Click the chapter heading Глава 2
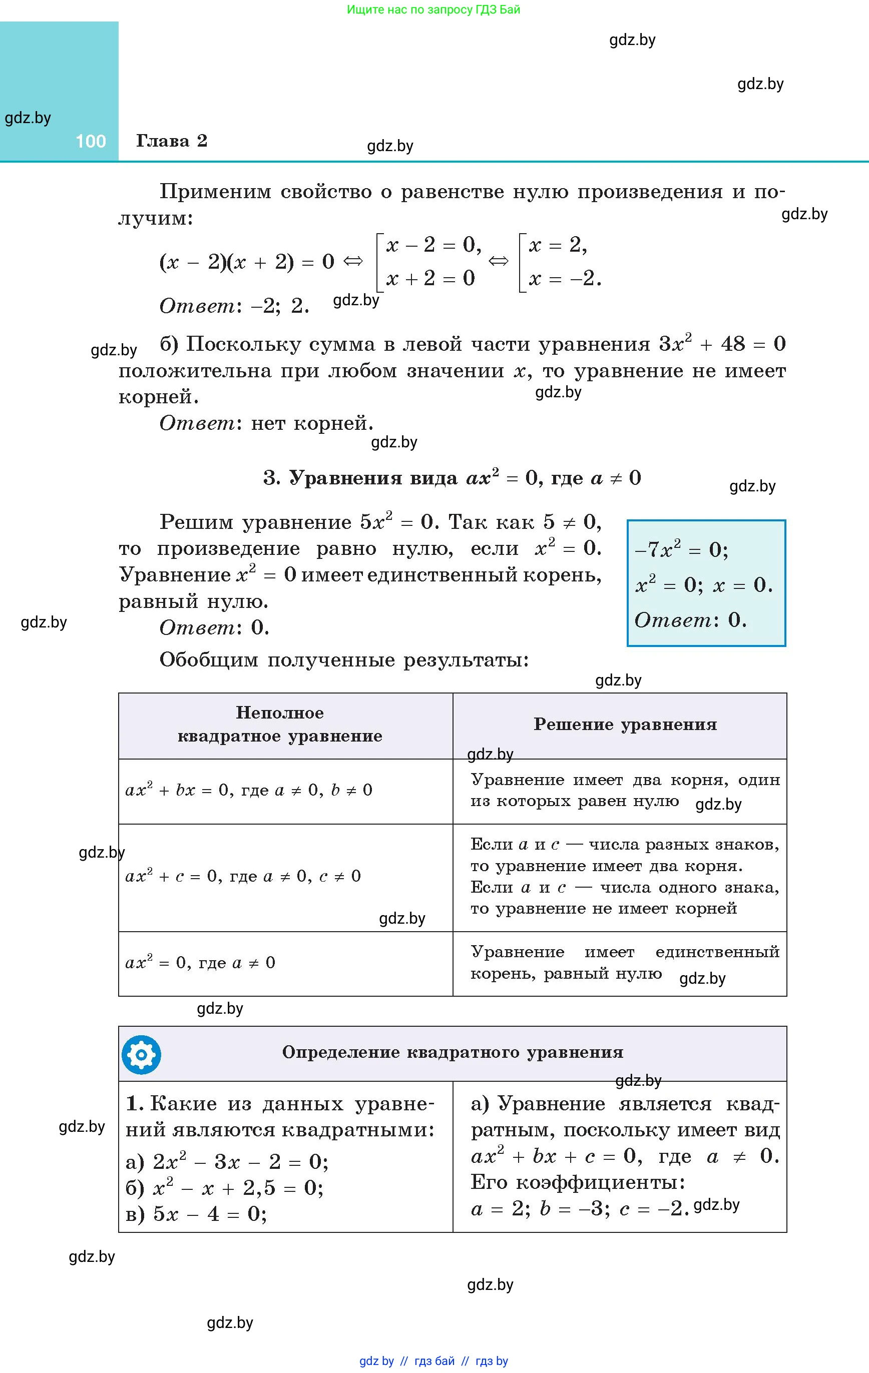point(171,141)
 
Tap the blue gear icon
point(142,1054)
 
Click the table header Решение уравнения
point(625,724)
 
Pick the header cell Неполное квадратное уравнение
point(280,724)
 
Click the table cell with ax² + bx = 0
point(249,790)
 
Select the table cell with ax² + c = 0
point(243,876)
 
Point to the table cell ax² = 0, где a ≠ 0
point(200,963)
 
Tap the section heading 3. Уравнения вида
point(452,478)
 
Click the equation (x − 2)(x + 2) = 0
point(246,262)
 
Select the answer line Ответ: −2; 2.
point(234,306)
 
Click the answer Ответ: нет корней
point(266,423)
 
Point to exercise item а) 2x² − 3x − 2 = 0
point(227,1161)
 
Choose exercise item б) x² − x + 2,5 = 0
point(224,1188)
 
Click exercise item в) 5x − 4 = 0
point(196,1214)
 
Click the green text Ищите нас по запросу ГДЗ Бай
point(433,10)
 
